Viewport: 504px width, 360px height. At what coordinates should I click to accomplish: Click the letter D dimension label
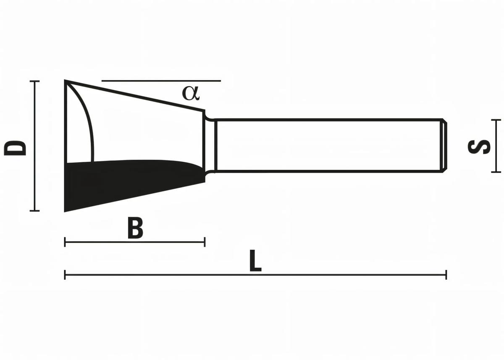15,148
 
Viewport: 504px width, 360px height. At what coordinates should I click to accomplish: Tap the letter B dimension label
135,229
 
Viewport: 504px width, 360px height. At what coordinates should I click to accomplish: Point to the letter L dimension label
255,261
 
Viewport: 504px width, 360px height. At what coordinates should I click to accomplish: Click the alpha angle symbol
191,92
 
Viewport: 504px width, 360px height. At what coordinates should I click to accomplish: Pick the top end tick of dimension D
35,81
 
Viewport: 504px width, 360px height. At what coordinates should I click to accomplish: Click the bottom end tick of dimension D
35,210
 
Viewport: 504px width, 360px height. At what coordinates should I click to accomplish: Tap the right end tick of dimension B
205,242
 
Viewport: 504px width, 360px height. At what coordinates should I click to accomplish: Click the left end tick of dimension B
65,242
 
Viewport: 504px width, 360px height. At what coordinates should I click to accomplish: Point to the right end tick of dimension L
446,275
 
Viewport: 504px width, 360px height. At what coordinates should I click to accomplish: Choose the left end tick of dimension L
65,275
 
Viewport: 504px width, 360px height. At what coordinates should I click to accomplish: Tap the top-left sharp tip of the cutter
66,81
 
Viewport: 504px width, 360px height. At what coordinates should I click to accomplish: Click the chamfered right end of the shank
444,146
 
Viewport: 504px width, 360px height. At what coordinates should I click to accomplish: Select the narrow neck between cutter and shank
210,146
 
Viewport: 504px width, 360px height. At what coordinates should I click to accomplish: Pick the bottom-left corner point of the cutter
65,211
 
